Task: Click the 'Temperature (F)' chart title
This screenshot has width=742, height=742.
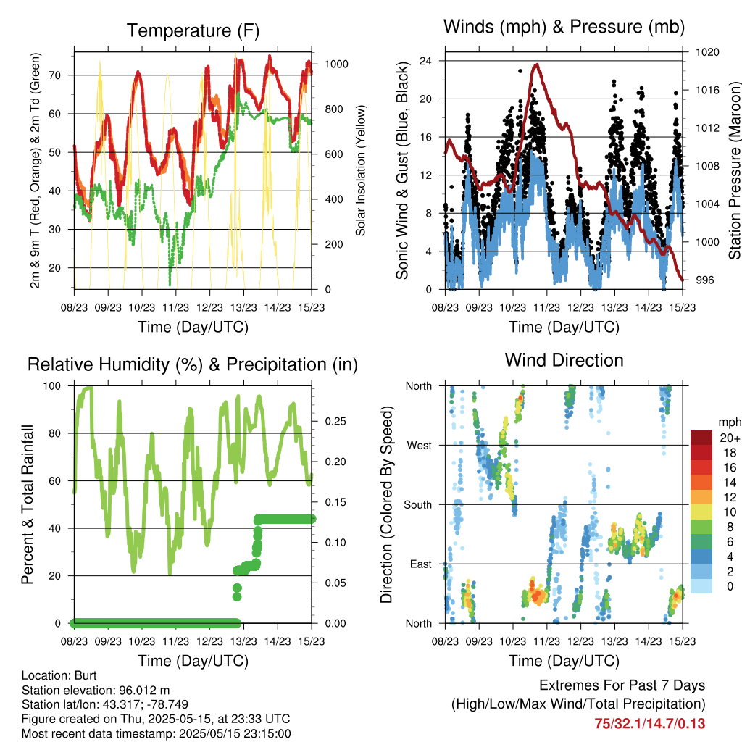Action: [x=193, y=30]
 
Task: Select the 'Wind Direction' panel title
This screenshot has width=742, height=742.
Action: [x=564, y=360]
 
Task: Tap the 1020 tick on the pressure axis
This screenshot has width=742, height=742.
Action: [x=707, y=52]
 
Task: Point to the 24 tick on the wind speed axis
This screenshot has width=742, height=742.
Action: [x=425, y=61]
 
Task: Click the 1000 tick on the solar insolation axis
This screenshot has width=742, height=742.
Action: [x=336, y=64]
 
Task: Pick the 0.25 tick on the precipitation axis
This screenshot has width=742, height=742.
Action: [x=335, y=421]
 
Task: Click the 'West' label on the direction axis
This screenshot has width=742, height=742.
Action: [x=420, y=446]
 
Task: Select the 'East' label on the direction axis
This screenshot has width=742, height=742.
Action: [x=421, y=564]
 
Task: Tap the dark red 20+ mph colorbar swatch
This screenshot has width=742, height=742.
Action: [x=701, y=438]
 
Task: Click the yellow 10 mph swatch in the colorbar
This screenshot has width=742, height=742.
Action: [x=701, y=512]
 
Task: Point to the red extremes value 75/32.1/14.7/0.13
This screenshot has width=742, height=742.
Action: [x=650, y=724]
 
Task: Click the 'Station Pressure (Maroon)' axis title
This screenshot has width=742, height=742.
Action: [x=734, y=170]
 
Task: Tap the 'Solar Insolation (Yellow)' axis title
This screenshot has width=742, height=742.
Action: [x=361, y=170]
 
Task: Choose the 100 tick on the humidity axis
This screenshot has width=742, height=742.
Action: [x=52, y=386]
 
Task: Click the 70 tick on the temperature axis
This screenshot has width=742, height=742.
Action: [x=55, y=75]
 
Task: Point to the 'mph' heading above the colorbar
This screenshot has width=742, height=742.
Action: [x=730, y=422]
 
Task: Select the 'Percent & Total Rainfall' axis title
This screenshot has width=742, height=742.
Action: [x=28, y=504]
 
